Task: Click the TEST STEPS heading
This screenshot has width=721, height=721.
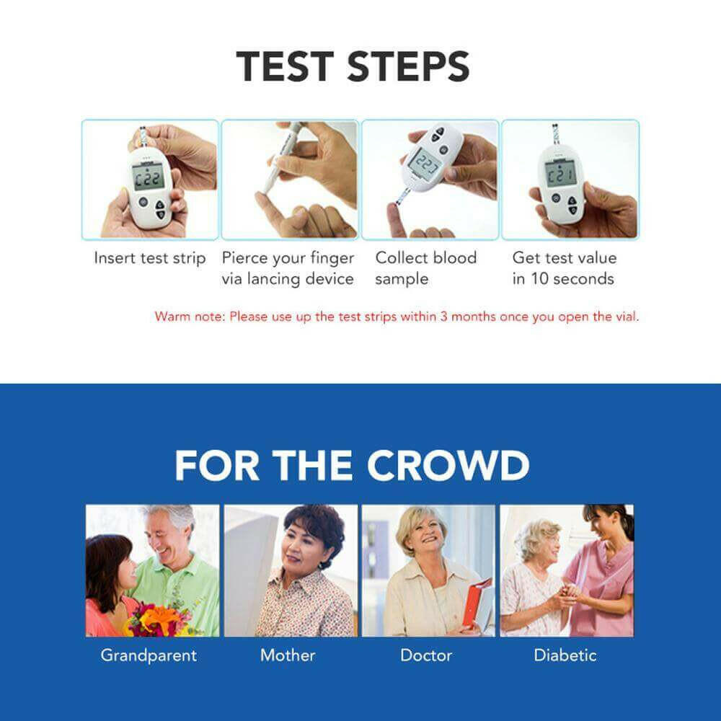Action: pyautogui.click(x=353, y=66)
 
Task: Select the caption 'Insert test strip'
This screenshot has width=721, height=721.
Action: pyautogui.click(x=150, y=258)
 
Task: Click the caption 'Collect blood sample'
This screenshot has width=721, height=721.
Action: pyautogui.click(x=425, y=268)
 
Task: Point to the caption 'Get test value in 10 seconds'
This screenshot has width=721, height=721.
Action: pyautogui.click(x=564, y=268)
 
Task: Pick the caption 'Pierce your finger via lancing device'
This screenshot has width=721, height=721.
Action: pyautogui.click(x=288, y=268)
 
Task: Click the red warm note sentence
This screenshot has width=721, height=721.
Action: pyautogui.click(x=397, y=317)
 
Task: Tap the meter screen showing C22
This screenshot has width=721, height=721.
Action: pyautogui.click(x=148, y=176)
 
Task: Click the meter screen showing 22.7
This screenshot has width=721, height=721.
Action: pyautogui.click(x=425, y=164)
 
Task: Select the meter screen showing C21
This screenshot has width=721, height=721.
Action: pyautogui.click(x=559, y=174)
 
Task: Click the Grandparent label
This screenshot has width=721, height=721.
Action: pyautogui.click(x=149, y=655)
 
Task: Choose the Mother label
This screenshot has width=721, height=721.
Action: pyautogui.click(x=288, y=655)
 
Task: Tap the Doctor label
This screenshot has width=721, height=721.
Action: pyautogui.click(x=426, y=655)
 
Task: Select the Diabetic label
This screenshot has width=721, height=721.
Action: pyautogui.click(x=565, y=655)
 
